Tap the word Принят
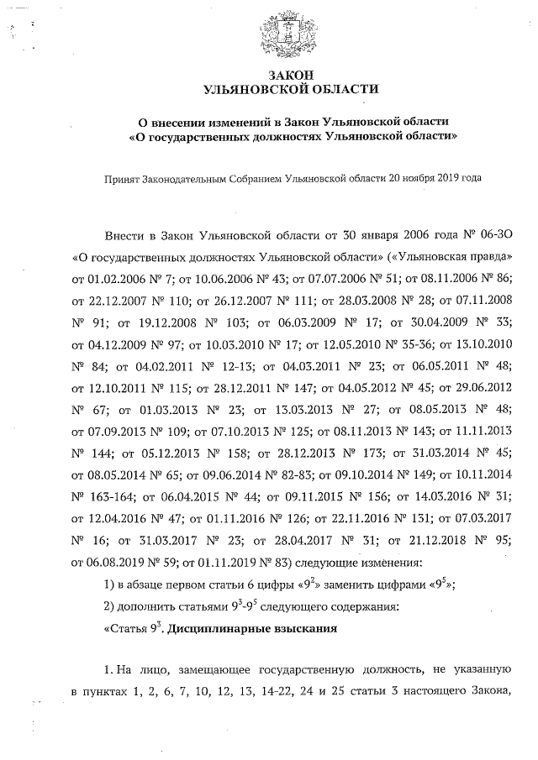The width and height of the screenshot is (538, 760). click(121, 178)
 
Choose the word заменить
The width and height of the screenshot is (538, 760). click(357, 585)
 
